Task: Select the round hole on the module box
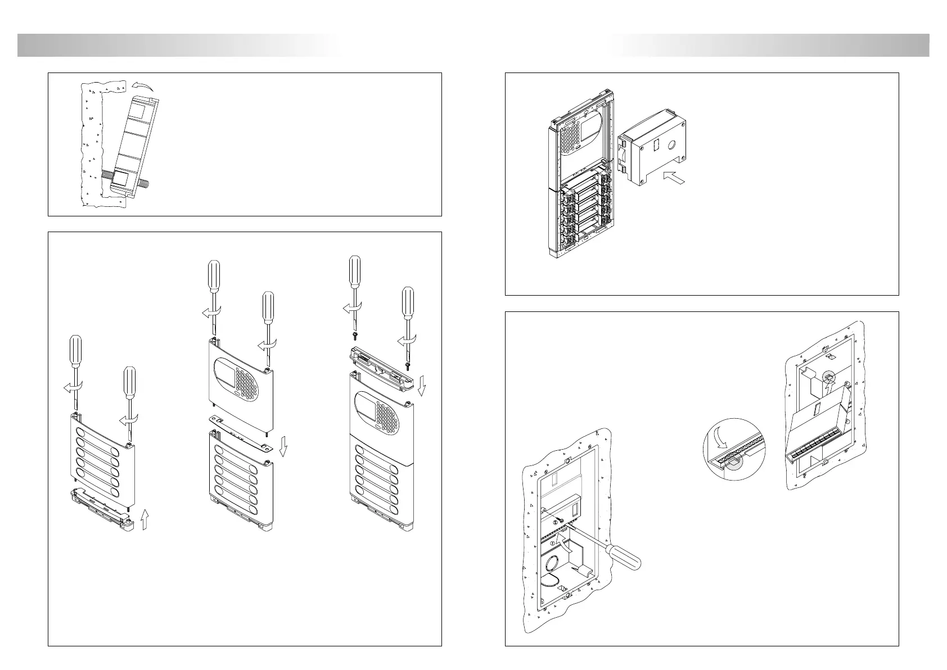tap(669, 144)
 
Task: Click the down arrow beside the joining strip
tap(284, 447)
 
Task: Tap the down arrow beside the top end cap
tap(423, 386)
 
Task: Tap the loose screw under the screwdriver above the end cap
tap(355, 336)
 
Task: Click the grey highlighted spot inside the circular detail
tap(733, 461)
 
